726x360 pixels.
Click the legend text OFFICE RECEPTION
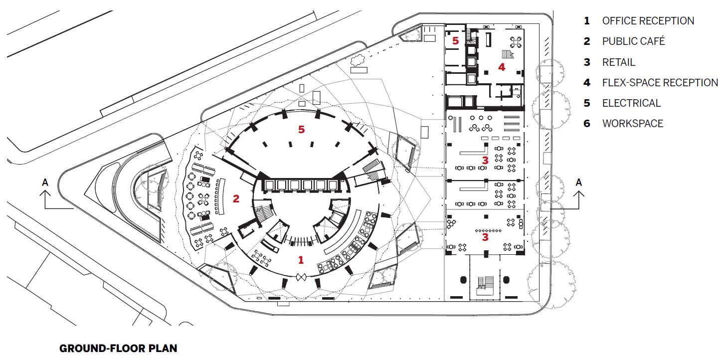click(x=648, y=20)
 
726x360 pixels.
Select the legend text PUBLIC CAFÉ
click(x=633, y=41)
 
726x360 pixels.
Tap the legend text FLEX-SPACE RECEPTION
click(x=660, y=82)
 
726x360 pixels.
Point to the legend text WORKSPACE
click(x=632, y=123)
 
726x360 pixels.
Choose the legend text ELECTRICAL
click(x=631, y=103)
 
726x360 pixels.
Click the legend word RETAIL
click(x=618, y=62)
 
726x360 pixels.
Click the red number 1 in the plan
click(x=301, y=259)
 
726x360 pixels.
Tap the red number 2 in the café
click(x=236, y=198)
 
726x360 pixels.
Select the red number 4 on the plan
click(x=502, y=66)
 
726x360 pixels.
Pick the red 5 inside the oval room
click(x=301, y=129)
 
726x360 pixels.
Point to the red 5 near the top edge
click(x=455, y=40)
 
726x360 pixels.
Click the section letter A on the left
click(x=45, y=182)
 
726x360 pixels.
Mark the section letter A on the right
click(x=578, y=182)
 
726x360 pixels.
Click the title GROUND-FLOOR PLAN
click(x=118, y=348)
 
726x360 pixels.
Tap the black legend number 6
click(x=587, y=123)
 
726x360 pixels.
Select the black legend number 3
click(x=587, y=62)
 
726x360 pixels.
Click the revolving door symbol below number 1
click(x=301, y=277)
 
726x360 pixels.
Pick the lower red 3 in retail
click(x=485, y=237)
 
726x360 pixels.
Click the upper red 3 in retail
click(x=485, y=160)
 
